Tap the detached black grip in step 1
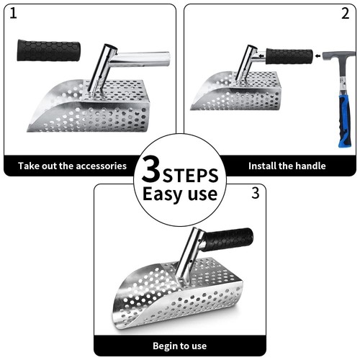click(49, 50)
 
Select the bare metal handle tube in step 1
click(144, 58)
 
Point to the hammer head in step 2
click(337, 55)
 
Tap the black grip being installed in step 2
click(289, 56)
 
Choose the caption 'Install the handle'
click(287, 166)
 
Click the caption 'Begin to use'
click(179, 346)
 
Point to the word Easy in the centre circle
click(161, 194)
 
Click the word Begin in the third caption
click(166, 346)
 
